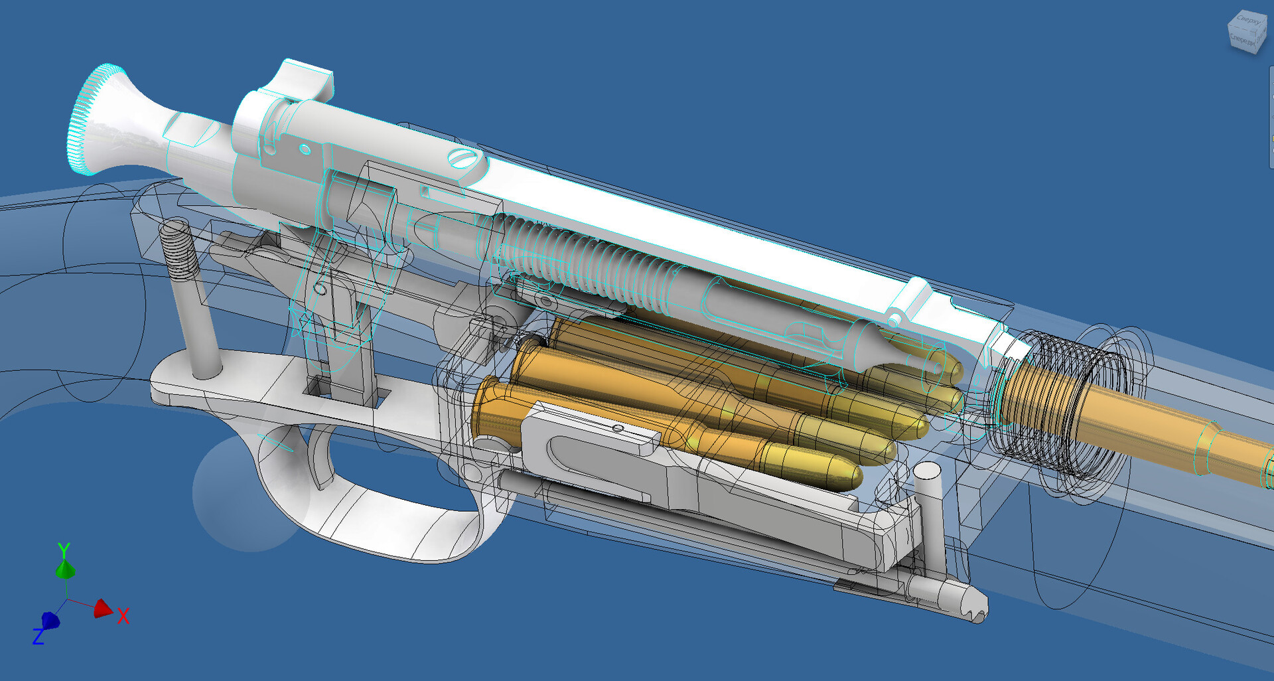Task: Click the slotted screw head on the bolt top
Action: tap(462, 159)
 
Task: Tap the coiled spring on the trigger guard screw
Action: tap(178, 248)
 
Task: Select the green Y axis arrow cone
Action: tap(64, 569)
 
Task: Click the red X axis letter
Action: tap(123, 616)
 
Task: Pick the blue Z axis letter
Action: tap(38, 637)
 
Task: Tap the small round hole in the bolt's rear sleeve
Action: tap(305, 149)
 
